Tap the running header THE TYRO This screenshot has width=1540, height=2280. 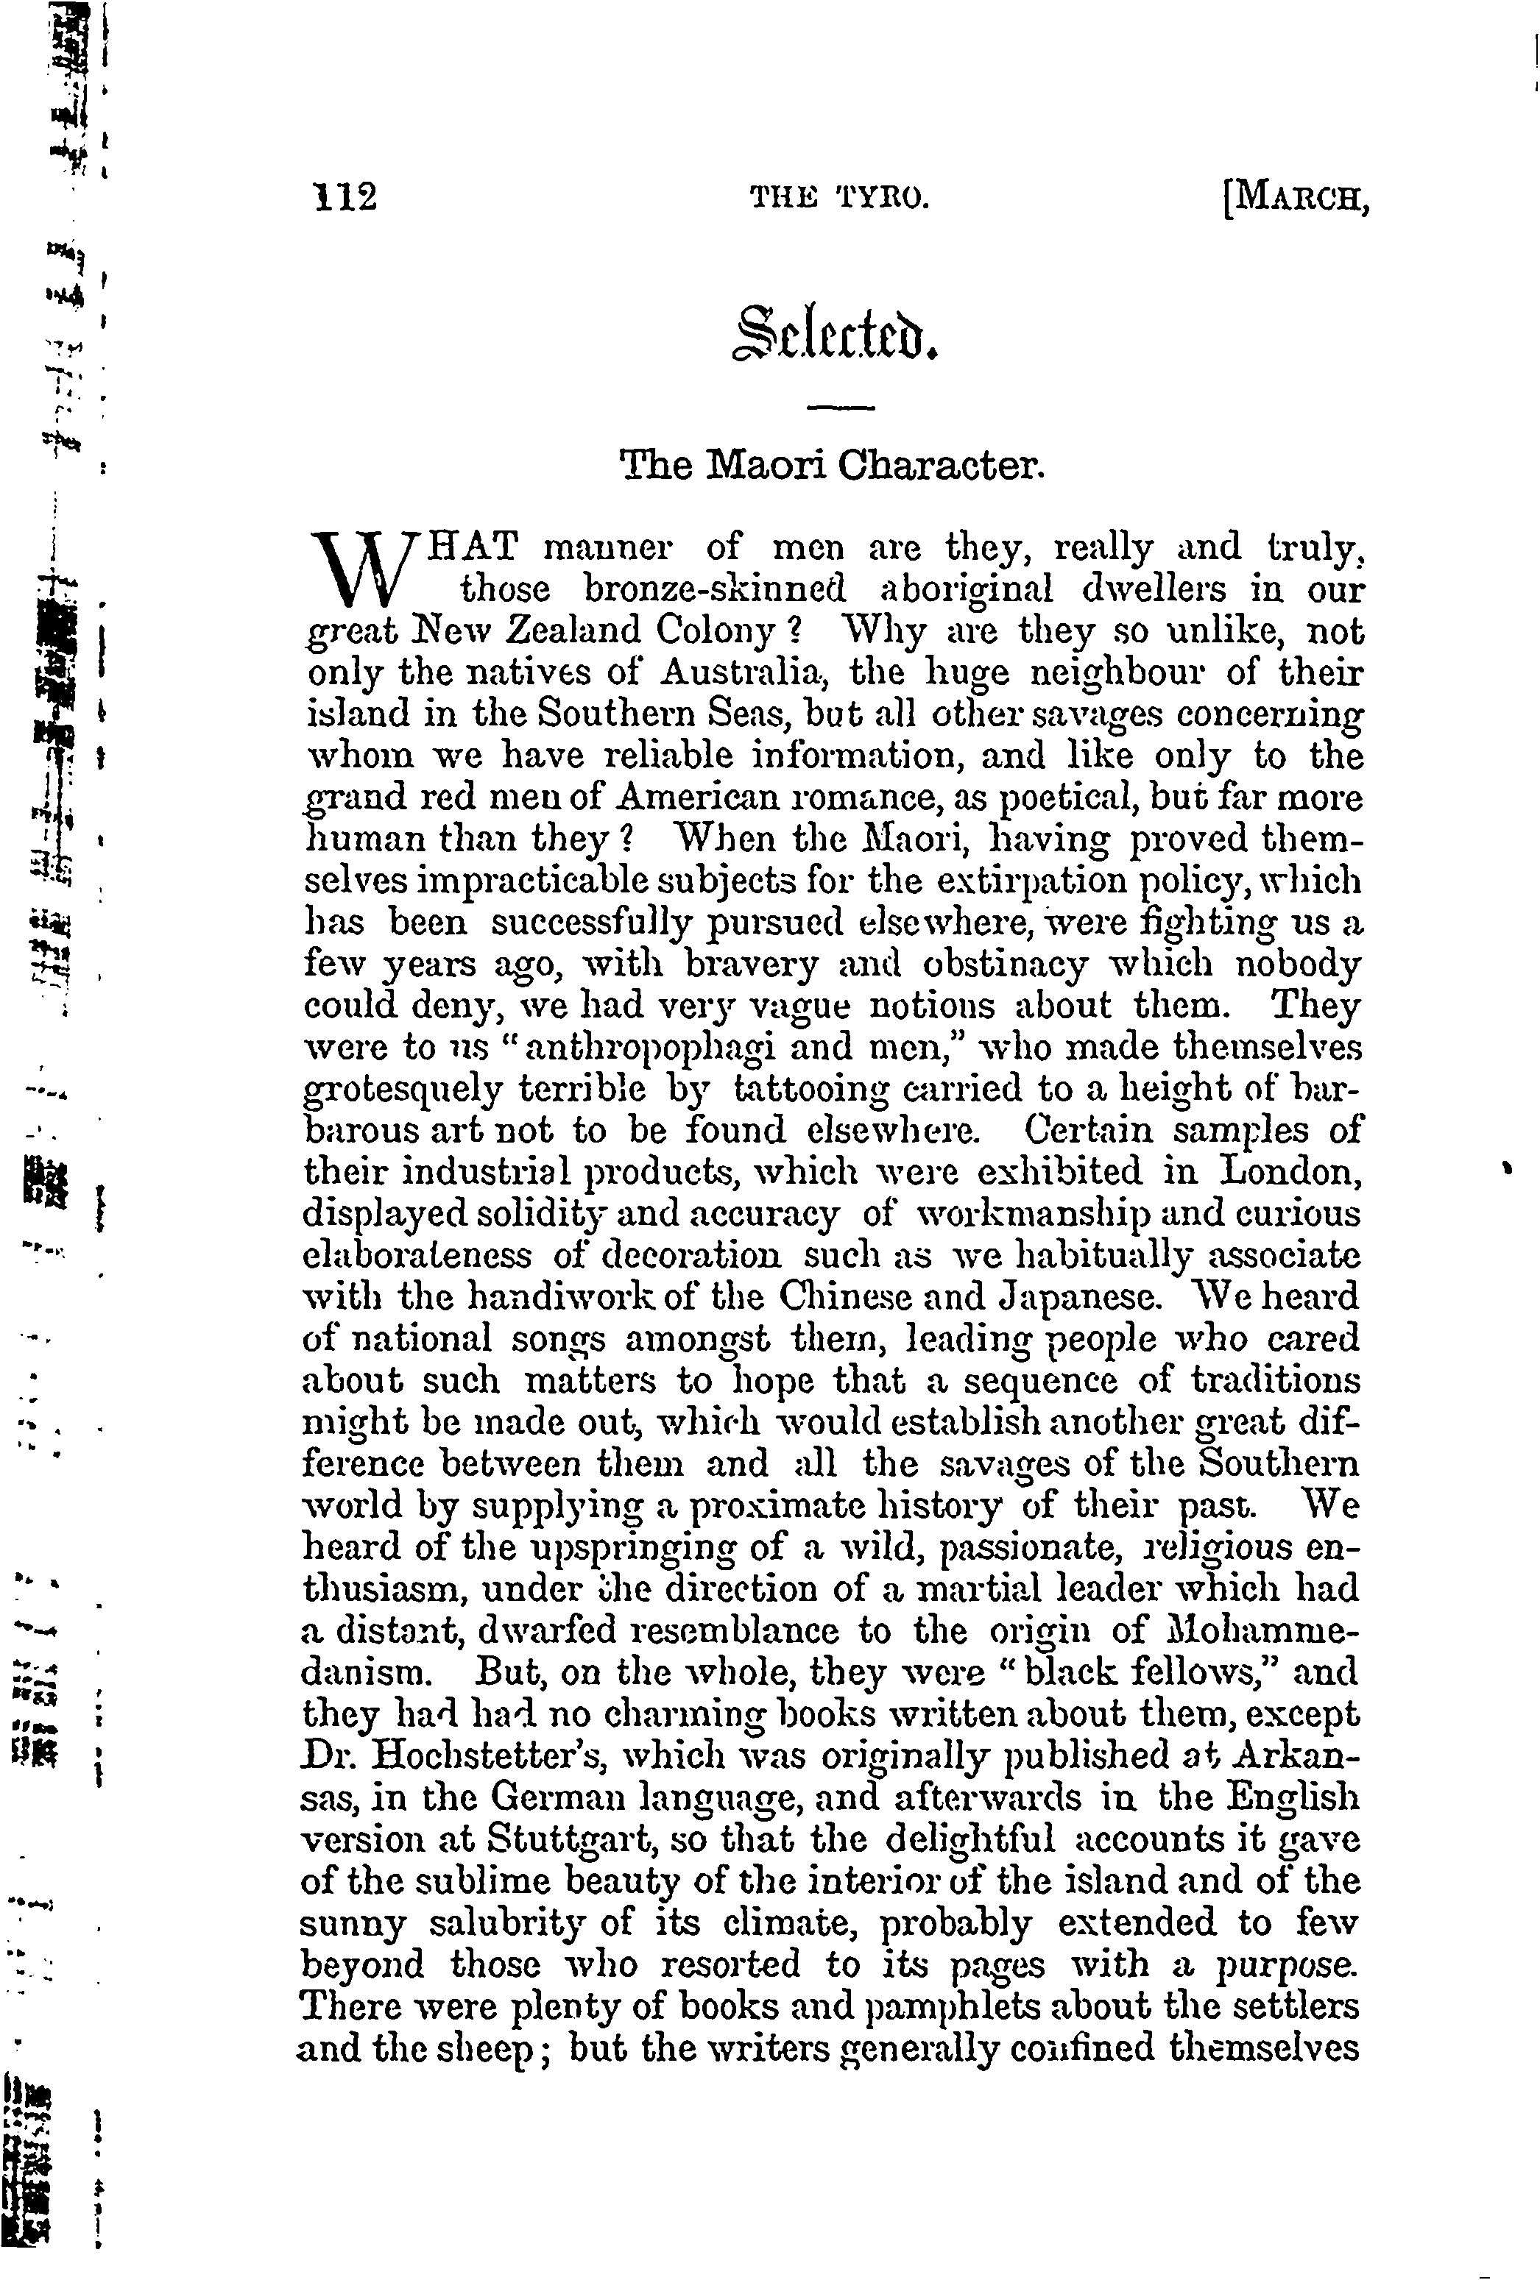pos(838,199)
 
